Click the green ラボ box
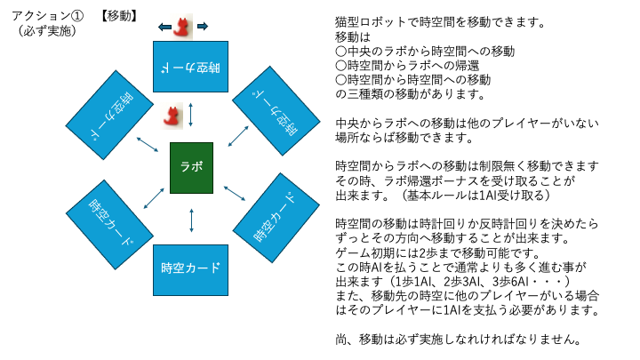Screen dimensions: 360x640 [x=191, y=166]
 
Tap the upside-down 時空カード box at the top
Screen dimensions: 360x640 [x=191, y=66]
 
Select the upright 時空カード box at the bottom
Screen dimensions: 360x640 [x=191, y=268]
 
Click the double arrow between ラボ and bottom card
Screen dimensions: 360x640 [x=191, y=220]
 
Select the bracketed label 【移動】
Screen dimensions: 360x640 [x=118, y=15]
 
